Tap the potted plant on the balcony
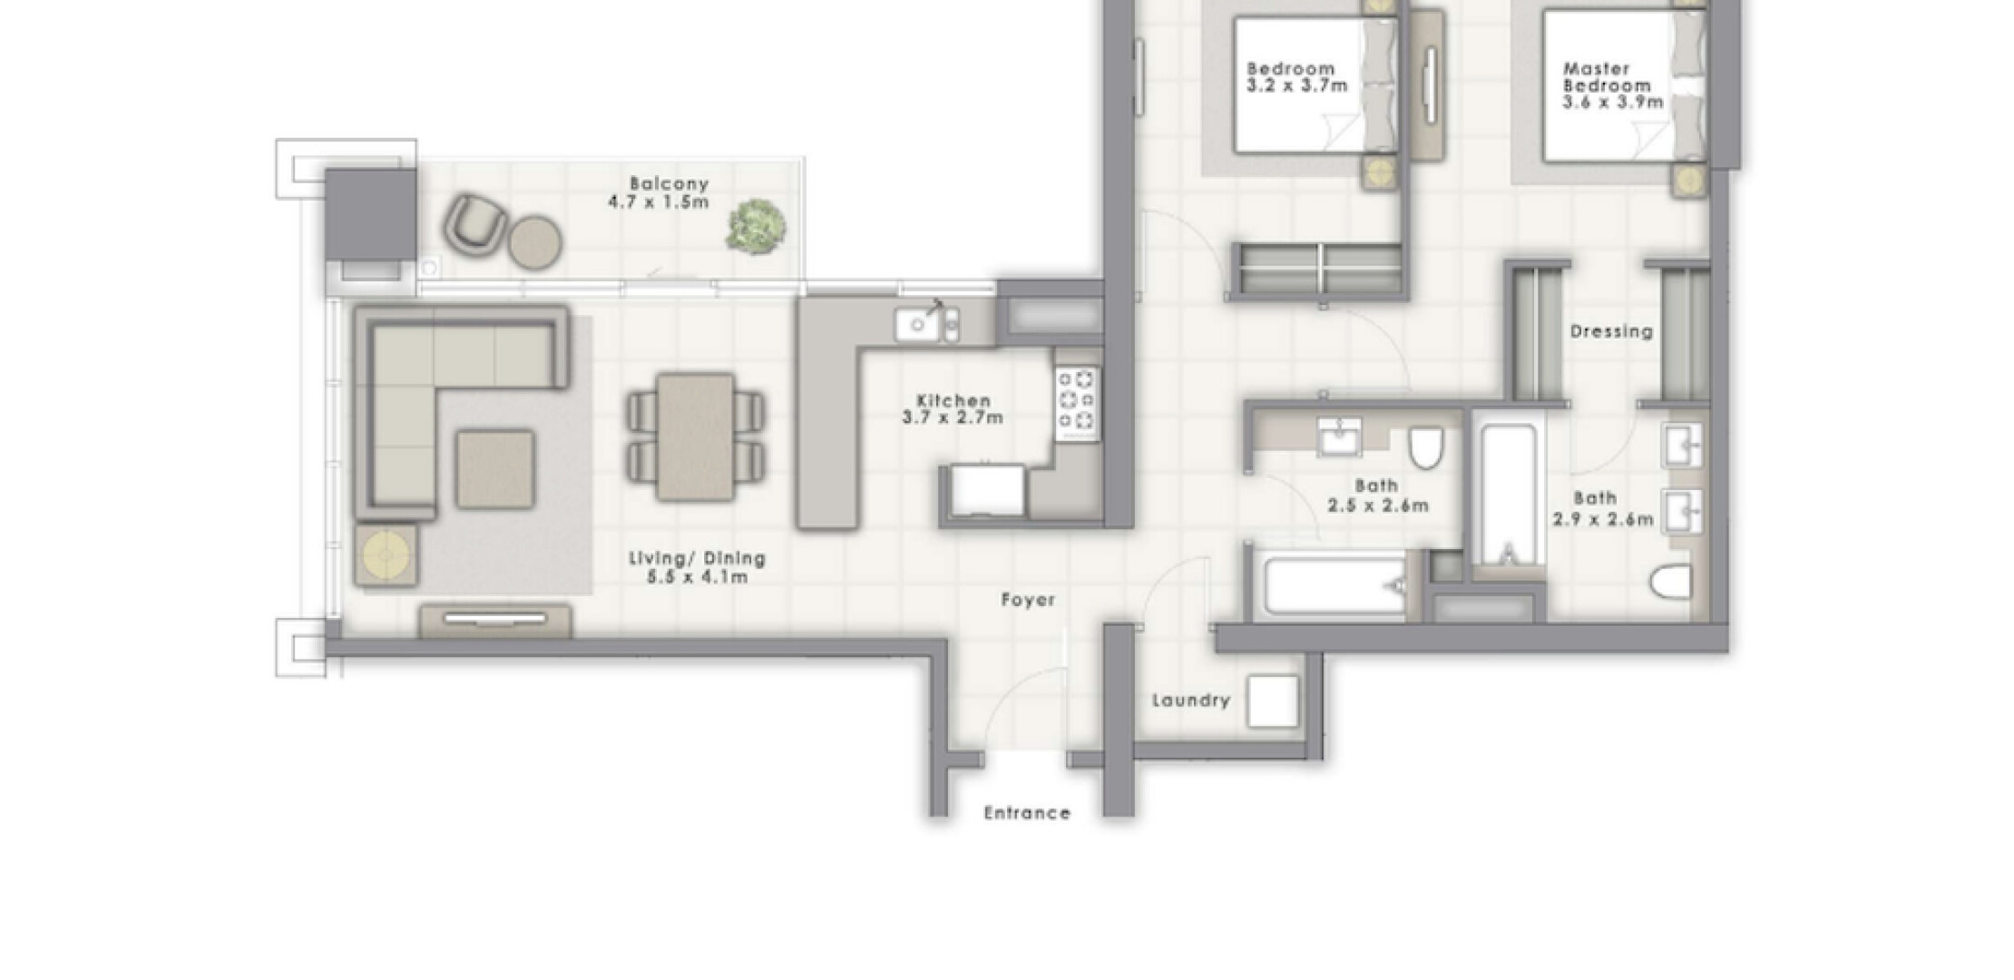click(x=755, y=226)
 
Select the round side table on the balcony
click(x=534, y=242)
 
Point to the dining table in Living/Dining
click(x=695, y=436)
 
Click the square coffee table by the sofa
click(x=494, y=469)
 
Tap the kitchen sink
click(x=917, y=324)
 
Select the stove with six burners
click(x=1077, y=400)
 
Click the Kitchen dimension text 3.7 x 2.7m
click(x=953, y=418)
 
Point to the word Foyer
click(x=1028, y=600)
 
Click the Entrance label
click(x=1027, y=813)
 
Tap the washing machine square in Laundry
click(x=1272, y=701)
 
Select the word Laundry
click(x=1191, y=701)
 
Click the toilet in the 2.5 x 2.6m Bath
click(x=1425, y=448)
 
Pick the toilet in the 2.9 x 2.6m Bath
click(x=1670, y=582)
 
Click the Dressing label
click(x=1611, y=332)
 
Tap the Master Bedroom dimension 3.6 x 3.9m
click(x=1612, y=103)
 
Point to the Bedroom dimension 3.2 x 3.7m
click(x=1297, y=86)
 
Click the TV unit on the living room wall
click(x=495, y=621)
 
